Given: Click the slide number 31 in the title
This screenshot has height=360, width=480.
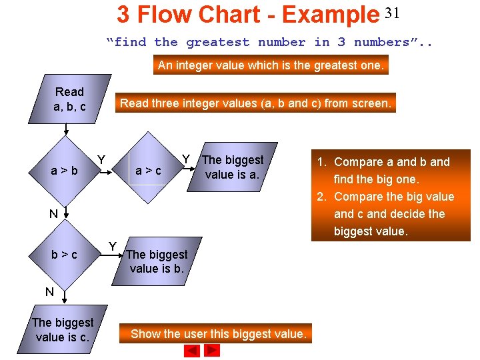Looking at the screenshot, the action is [x=392, y=13].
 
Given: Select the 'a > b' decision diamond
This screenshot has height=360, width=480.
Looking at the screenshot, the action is [x=65, y=171].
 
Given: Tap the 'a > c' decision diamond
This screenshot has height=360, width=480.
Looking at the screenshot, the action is [x=148, y=171].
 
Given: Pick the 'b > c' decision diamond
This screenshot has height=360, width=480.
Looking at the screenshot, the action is [x=65, y=255].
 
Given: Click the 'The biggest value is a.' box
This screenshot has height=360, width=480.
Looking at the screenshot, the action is [x=232, y=167].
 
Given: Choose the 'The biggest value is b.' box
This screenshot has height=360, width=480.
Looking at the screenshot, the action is [x=157, y=261].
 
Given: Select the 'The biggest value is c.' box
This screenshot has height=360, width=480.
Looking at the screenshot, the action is [x=63, y=329].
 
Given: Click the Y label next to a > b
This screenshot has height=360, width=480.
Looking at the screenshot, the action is [x=101, y=159].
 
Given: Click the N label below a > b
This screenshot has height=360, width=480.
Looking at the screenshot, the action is [x=53, y=214].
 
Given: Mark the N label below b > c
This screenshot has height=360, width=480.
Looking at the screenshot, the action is [x=49, y=291].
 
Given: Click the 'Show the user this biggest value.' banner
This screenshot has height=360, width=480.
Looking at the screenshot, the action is [x=219, y=334].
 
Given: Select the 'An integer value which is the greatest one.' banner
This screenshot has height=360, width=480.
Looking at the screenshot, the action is [x=271, y=65].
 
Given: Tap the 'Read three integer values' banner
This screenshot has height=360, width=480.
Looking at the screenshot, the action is [x=255, y=103].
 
